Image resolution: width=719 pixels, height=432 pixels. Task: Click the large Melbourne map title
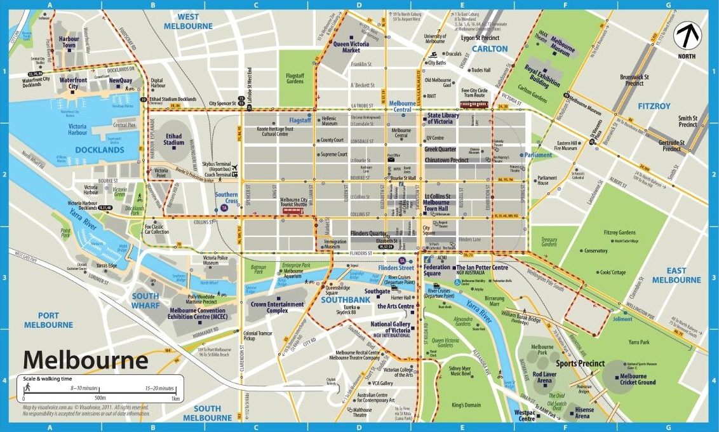point(86,360)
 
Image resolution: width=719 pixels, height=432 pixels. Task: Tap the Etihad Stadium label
point(173,139)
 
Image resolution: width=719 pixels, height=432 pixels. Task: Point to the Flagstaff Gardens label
point(295,78)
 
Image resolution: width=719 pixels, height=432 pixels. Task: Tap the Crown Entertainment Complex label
point(278,307)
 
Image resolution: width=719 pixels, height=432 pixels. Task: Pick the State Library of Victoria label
point(449,118)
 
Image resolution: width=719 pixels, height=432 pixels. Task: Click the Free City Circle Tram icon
point(474,104)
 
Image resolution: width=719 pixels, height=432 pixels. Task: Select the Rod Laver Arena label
point(545,377)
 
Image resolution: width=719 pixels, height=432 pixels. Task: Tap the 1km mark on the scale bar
point(175,398)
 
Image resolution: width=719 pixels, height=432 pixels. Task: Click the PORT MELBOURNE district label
point(48,320)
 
